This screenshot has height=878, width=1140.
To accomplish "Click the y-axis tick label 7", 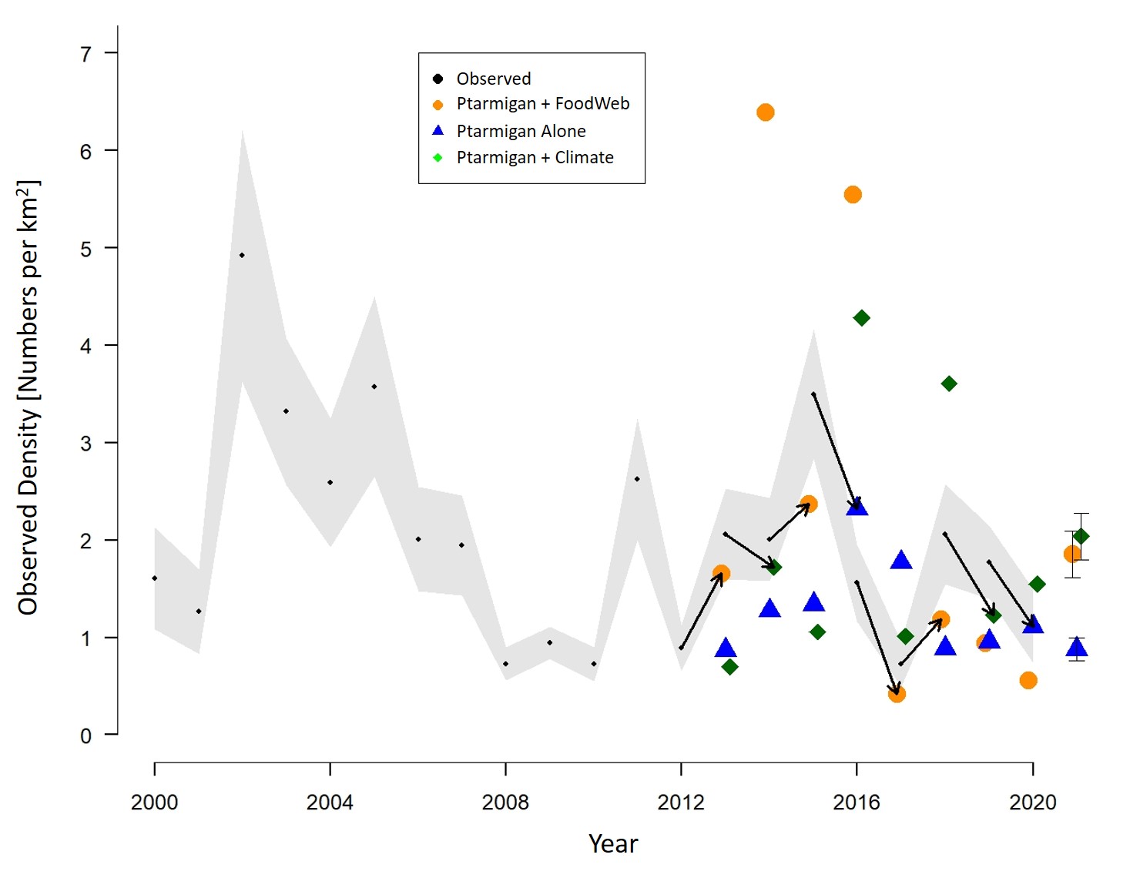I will coord(86,54).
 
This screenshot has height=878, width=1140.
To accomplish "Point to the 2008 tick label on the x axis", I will coord(505,803).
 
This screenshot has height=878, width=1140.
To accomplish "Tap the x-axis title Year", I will coord(613,844).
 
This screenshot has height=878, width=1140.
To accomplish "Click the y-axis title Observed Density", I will coord(28,397).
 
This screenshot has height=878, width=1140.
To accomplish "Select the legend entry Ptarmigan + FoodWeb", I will coord(542,104).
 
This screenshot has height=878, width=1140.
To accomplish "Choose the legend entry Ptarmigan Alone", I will coord(521,131).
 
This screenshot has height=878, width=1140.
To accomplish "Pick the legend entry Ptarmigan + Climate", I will coord(535,158).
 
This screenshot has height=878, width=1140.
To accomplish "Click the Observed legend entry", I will coord(493,79).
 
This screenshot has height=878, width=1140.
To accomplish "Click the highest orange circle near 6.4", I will coord(765,112).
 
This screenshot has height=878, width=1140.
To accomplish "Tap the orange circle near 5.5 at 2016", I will coord(853,195).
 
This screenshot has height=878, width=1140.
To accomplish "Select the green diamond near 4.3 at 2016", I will coord(862,318).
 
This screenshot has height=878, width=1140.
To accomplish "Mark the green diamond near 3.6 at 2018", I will coord(949,384).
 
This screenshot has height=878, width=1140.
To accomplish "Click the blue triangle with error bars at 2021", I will coord(1077,648).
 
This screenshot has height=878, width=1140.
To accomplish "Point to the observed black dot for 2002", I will coord(242,255).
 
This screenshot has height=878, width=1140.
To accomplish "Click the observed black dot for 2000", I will coord(155,578).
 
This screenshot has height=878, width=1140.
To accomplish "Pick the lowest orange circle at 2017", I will coord(897,694).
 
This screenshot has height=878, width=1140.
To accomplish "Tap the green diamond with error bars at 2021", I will coord(1081,536).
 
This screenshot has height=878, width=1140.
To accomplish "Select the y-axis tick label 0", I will coord(86,736).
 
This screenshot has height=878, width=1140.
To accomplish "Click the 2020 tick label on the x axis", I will coord(1033,803).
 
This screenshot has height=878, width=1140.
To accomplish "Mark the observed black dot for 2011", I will coord(637,479).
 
